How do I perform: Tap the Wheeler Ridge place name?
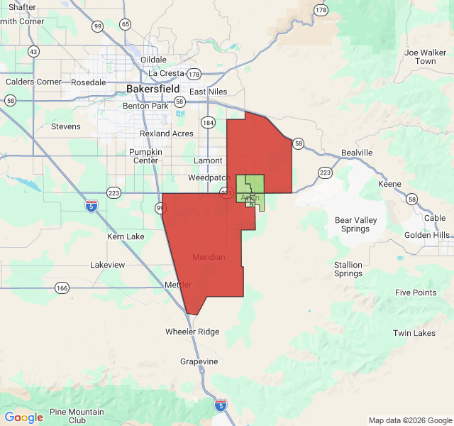(x=192, y=332)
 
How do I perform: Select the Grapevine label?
(x=199, y=361)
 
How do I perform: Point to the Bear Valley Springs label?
(x=355, y=224)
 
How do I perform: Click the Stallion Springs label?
(x=348, y=269)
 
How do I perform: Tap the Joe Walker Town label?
(x=425, y=57)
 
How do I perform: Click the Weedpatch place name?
(x=207, y=177)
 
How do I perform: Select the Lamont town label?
(x=208, y=160)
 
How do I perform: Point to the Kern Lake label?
(x=126, y=236)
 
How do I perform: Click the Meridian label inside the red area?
(x=209, y=257)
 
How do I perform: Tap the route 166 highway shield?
(x=62, y=288)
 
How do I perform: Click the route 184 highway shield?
(x=208, y=122)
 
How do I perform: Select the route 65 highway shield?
(x=126, y=24)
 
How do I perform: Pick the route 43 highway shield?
(x=33, y=51)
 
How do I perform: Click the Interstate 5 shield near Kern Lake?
(x=92, y=206)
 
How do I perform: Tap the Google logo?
(x=23, y=417)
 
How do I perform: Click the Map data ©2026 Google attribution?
(x=409, y=420)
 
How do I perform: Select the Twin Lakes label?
(x=414, y=333)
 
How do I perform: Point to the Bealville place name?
(x=357, y=153)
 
